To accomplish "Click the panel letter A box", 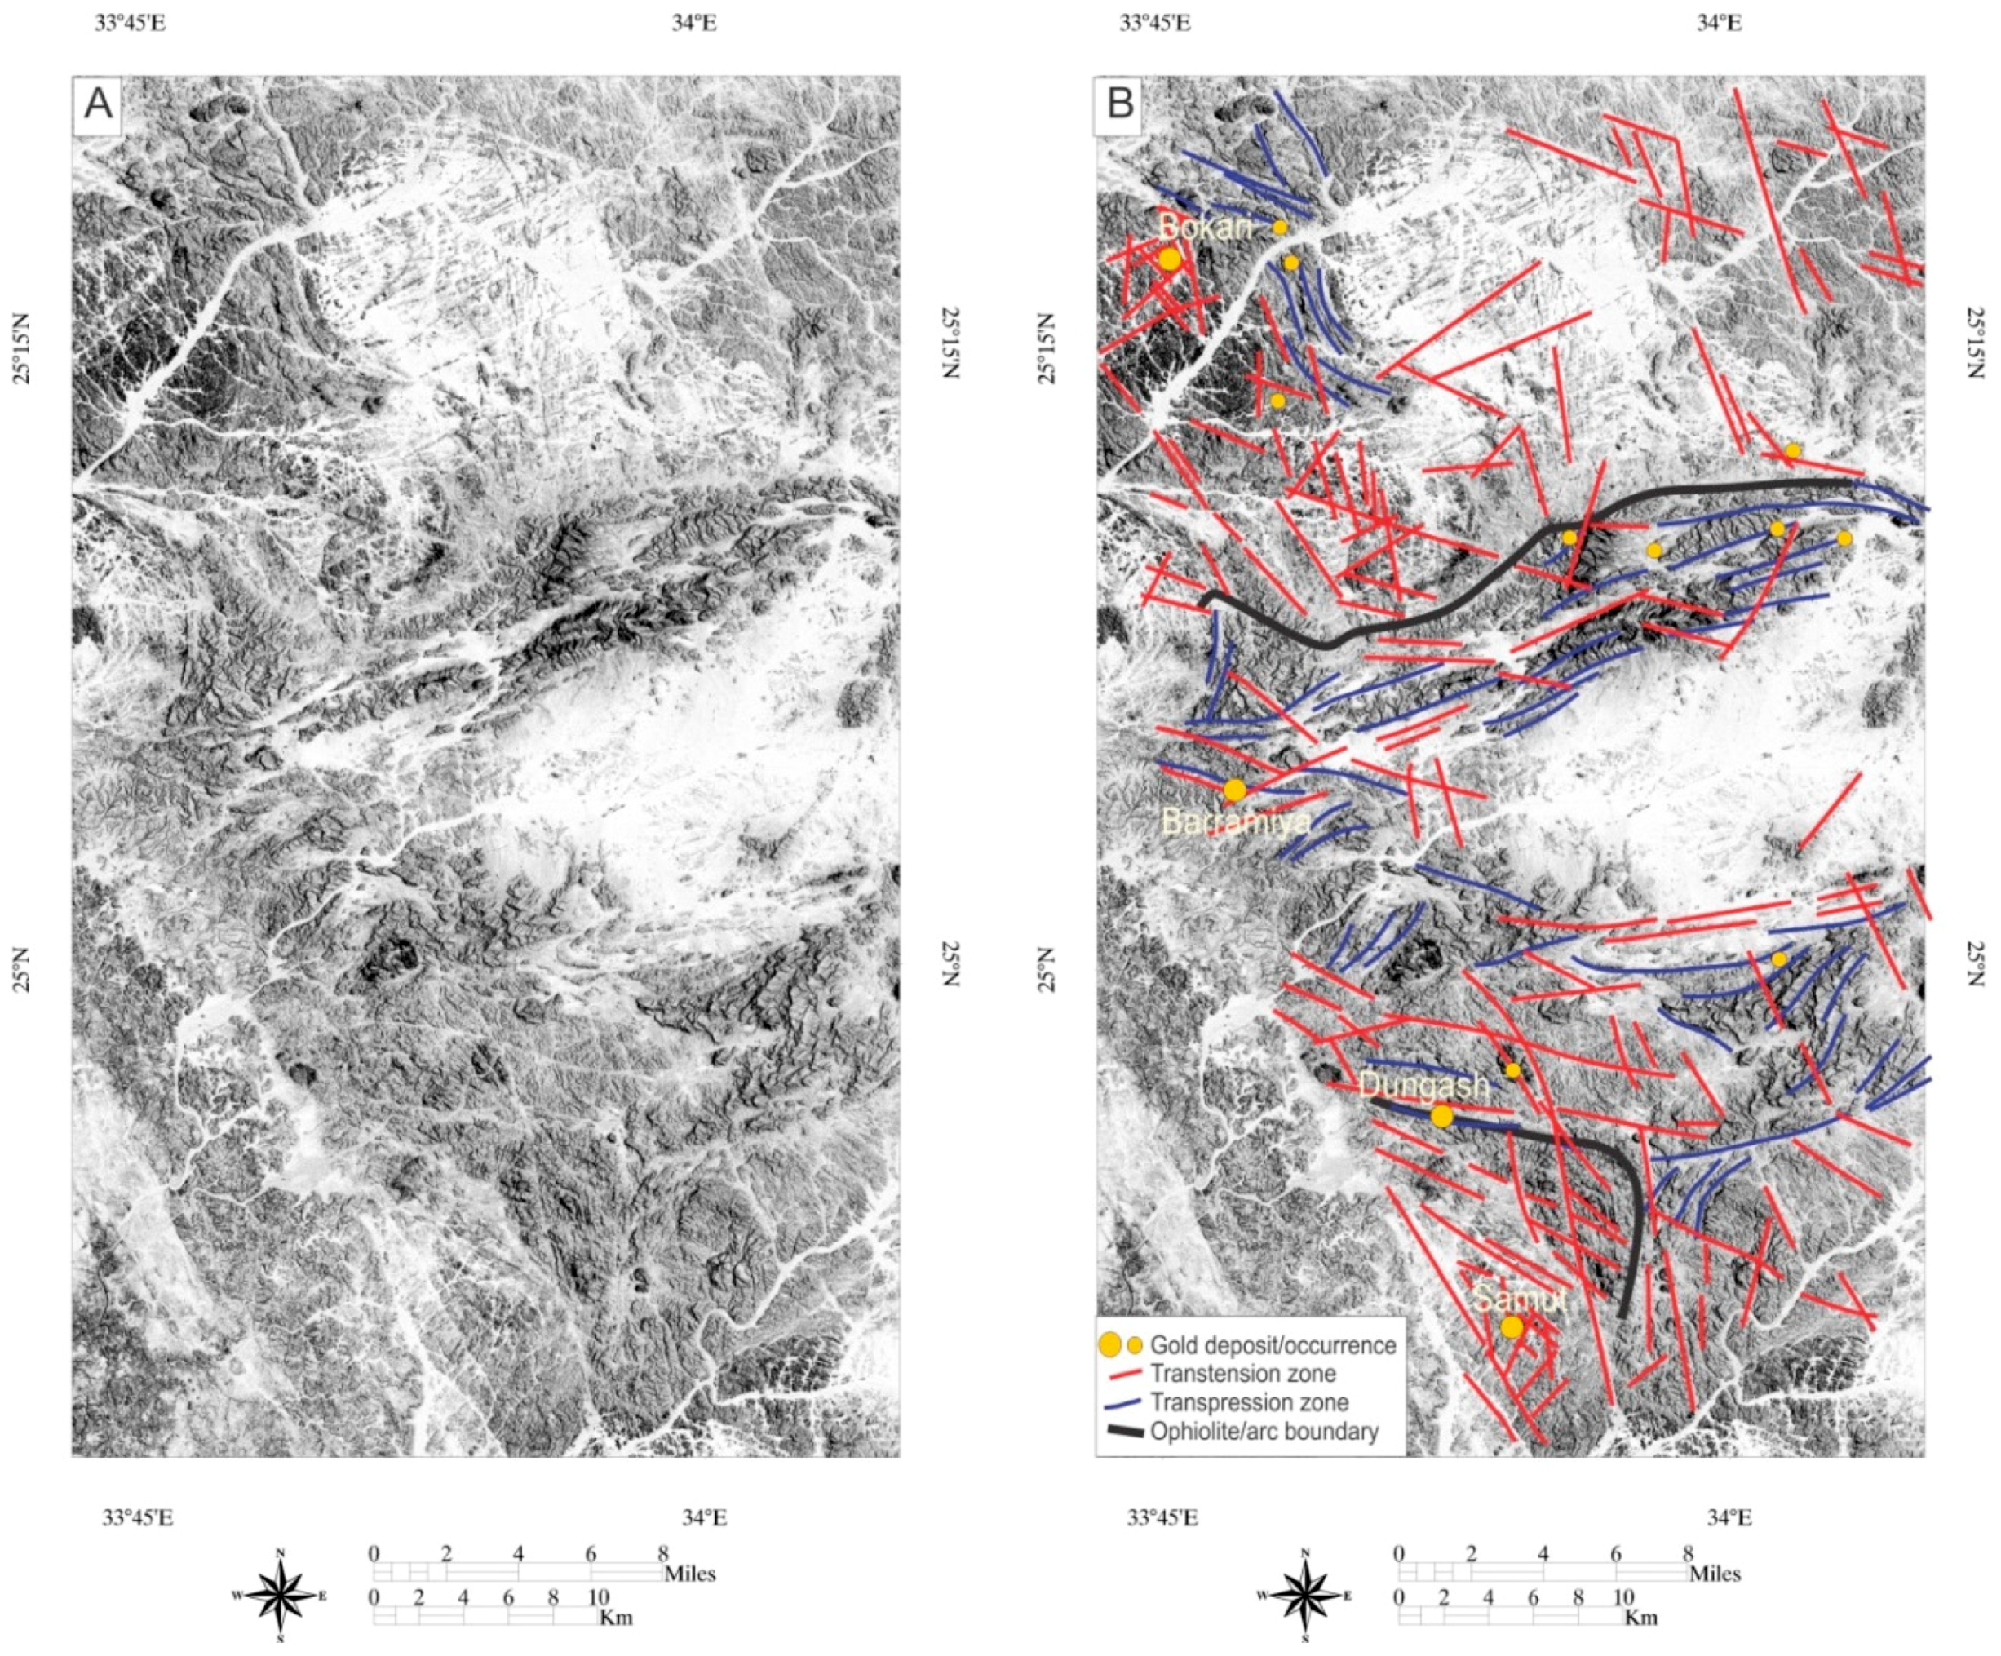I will click(x=98, y=103).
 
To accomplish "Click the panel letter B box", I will click(x=1121, y=103).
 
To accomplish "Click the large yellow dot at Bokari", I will click(x=1170, y=259).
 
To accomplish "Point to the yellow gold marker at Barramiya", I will click(x=1235, y=790).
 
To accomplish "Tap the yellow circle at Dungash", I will click(x=1441, y=1116).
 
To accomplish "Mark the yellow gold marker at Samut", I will click(x=1512, y=1326).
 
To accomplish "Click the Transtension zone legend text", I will click(x=1242, y=1373).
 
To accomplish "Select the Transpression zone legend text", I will click(x=1249, y=1402).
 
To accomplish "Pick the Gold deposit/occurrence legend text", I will click(x=1272, y=1344).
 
